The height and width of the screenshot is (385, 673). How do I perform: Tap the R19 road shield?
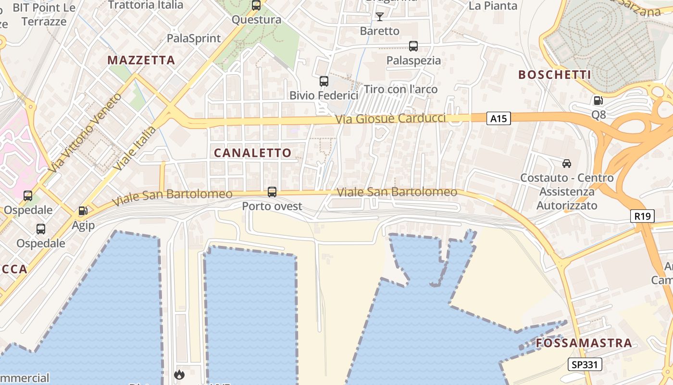point(642,216)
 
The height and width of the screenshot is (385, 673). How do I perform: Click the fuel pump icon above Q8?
point(598,101)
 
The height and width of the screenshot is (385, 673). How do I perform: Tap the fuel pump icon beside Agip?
point(83,211)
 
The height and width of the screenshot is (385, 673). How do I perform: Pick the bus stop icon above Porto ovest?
point(272,192)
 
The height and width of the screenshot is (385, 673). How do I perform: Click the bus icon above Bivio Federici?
point(324,81)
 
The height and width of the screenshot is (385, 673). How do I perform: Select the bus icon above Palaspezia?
point(413,46)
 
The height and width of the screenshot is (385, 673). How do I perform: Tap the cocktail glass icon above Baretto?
point(380,17)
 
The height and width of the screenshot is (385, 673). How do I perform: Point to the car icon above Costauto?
point(567,164)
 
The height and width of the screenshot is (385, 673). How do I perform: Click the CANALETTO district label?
point(253,153)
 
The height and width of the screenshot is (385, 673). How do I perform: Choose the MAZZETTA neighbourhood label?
point(141,60)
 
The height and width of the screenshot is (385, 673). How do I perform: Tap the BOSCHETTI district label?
point(554,75)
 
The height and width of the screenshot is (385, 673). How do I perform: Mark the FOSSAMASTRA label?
point(584,343)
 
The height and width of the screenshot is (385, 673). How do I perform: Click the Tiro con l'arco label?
point(401,89)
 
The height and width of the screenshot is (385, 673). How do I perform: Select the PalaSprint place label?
point(194,38)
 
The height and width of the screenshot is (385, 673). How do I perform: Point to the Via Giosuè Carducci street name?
point(391,118)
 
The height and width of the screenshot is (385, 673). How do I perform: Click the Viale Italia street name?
point(136,148)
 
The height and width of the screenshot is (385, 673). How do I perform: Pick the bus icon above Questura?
point(256,5)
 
